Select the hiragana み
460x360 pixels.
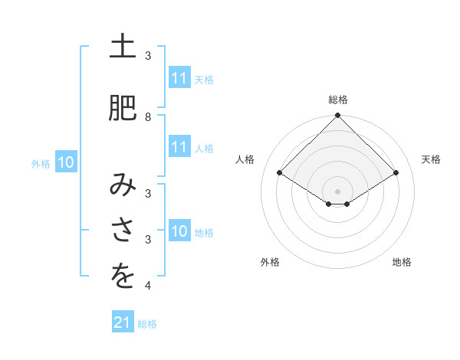tap(123, 186)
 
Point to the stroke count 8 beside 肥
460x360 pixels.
tap(148, 116)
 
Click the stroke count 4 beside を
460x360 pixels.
tap(148, 286)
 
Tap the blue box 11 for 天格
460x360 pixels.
tap(179, 78)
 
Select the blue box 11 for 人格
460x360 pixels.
tap(179, 147)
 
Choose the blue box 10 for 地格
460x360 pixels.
tap(179, 231)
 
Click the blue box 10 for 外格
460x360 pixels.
tap(65, 162)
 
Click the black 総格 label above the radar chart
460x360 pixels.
tap(338, 100)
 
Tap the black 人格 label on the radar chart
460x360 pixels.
tap(245, 159)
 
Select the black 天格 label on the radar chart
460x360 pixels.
tap(431, 159)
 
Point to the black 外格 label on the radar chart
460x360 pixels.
tap(270, 262)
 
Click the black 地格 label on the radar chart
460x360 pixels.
tap(402, 262)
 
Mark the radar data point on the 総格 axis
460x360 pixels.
tap(338, 116)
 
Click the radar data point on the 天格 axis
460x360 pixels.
tap(396, 173)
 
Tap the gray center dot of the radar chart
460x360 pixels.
tap(338, 191)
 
